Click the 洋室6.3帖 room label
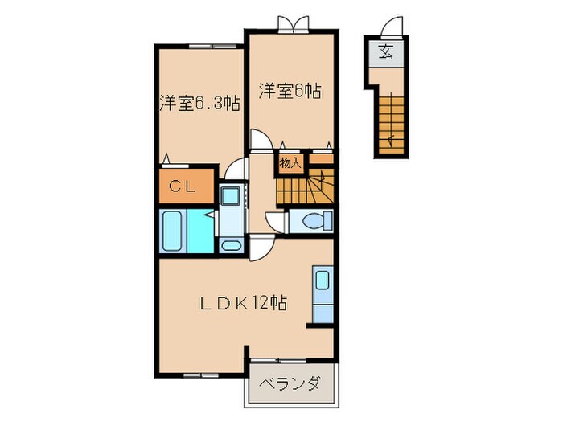click(x=199, y=103)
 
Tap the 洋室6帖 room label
click(x=290, y=91)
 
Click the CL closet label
click(x=186, y=186)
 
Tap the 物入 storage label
click(x=290, y=163)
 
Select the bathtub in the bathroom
click(x=174, y=231)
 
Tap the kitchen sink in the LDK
click(x=322, y=281)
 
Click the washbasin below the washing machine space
click(x=231, y=244)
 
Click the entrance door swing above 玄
click(x=391, y=27)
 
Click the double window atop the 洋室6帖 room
click(x=290, y=24)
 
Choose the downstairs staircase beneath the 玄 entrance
click(x=388, y=121)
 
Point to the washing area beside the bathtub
click(x=204, y=233)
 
